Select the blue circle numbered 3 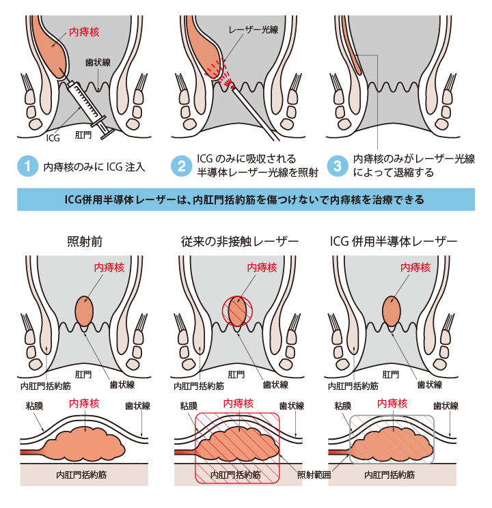336,166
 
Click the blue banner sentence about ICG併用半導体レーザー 246,200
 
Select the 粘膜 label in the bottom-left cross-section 35,405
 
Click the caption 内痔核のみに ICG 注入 94,166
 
